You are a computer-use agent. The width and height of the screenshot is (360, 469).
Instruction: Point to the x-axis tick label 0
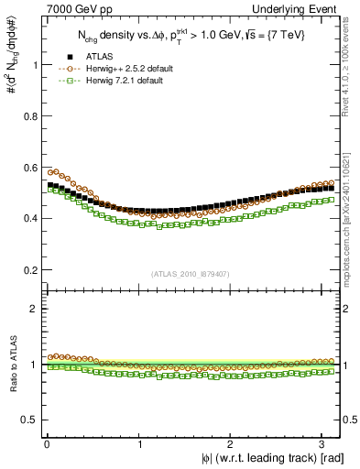47,444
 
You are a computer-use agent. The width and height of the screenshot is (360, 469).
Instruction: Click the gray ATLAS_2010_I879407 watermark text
191,275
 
